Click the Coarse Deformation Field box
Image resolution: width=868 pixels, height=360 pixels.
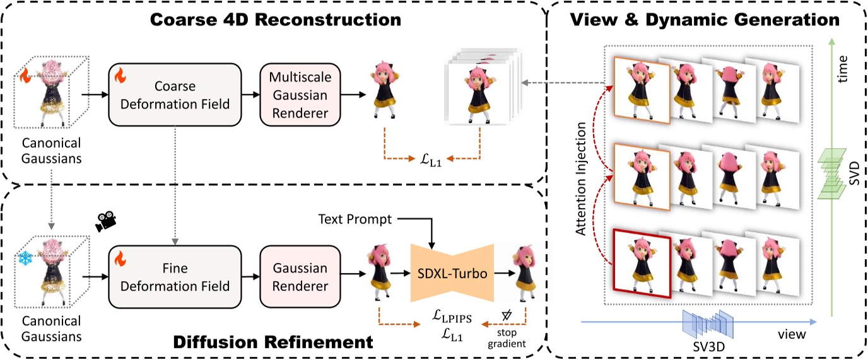point(176,94)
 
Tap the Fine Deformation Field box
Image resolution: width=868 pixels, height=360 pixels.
point(176,277)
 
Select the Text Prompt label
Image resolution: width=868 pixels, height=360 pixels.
point(354,219)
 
